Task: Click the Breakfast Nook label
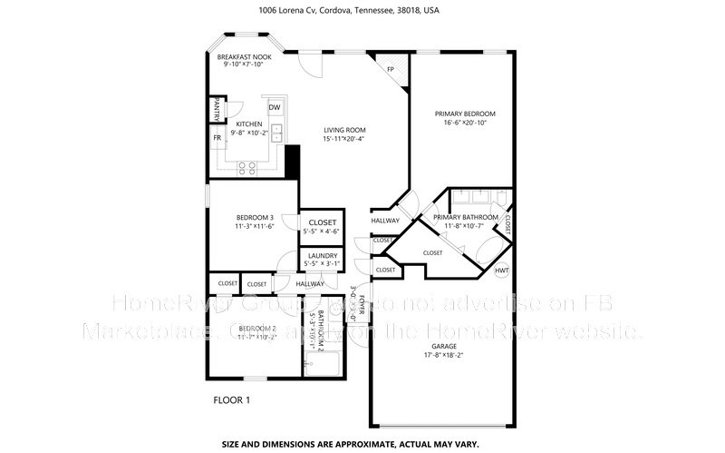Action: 245,56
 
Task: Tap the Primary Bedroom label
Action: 465,113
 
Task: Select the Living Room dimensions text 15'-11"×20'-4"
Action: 344,139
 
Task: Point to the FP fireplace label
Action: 391,70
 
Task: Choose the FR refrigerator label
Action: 217,138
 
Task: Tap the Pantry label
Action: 217,110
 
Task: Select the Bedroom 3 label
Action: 255,218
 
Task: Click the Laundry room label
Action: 323,256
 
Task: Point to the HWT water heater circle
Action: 502,271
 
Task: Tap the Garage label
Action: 443,346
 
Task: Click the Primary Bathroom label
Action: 465,218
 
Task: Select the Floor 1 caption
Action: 231,399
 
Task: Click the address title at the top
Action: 362,12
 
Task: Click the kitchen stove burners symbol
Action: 246,166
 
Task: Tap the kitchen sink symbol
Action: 277,136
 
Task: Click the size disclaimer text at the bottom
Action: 362,445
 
